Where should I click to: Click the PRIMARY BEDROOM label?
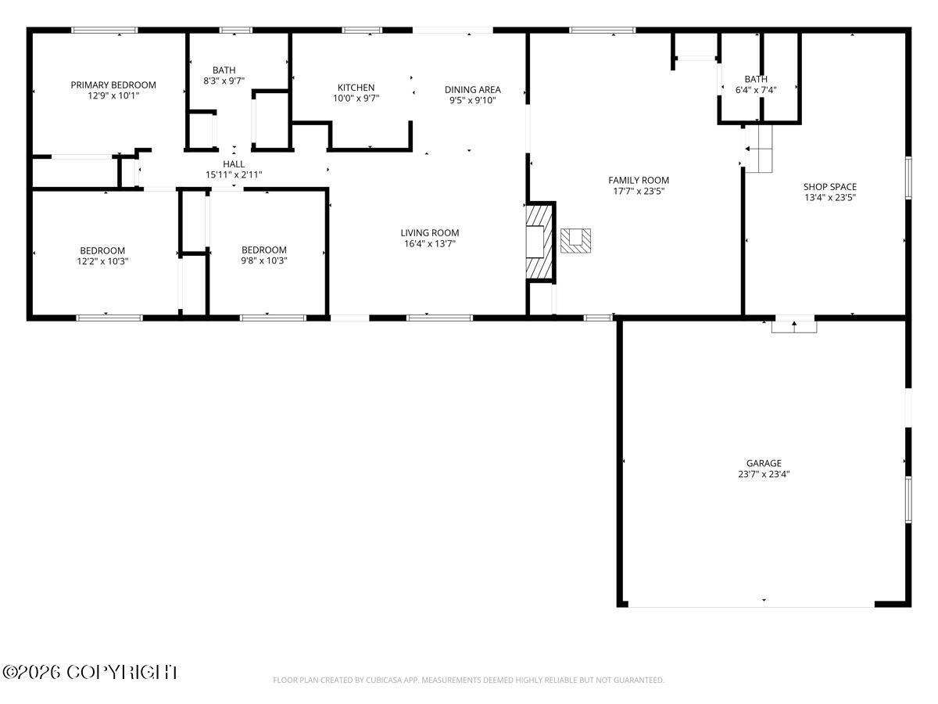point(113,85)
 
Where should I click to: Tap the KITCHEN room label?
point(356,88)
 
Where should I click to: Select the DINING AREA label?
point(473,90)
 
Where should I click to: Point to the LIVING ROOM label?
point(430,233)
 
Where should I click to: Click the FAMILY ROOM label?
point(639,181)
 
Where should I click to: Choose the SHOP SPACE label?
point(830,187)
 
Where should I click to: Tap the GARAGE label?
point(764,463)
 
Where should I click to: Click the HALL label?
point(234,164)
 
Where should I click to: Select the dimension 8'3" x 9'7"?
point(224,81)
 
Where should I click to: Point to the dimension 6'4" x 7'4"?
point(756,90)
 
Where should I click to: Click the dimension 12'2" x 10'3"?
point(102,261)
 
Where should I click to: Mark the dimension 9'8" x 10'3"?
point(264,260)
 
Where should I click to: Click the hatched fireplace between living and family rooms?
point(539,242)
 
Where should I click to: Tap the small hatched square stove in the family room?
point(575,241)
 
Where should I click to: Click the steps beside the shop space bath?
point(758,149)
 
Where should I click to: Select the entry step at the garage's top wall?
point(794,326)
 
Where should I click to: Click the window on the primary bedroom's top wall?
point(105,31)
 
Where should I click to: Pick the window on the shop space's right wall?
point(908,178)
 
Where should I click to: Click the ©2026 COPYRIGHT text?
point(90,673)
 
